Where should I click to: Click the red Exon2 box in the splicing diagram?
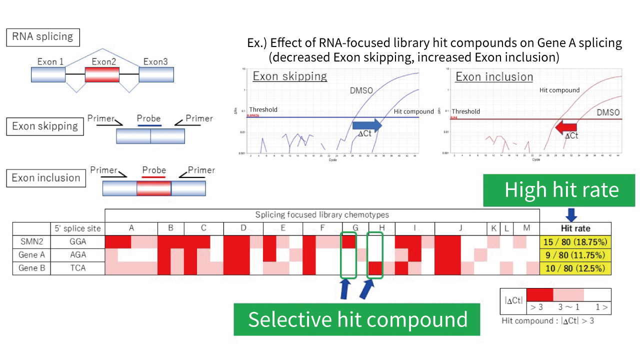click(x=102, y=75)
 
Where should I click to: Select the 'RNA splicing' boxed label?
click(x=42, y=36)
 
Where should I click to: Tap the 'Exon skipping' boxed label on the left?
click(x=45, y=126)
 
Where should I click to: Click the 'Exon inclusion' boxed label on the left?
click(x=45, y=178)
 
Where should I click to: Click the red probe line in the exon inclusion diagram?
click(x=153, y=177)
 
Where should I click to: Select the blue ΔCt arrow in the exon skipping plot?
click(x=367, y=125)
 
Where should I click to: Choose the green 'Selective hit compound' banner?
click(x=357, y=319)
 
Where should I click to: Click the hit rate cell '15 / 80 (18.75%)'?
click(x=575, y=242)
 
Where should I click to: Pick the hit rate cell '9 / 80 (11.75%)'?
click(x=575, y=255)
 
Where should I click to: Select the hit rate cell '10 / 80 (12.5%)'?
click(x=575, y=268)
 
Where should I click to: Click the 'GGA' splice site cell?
click(x=77, y=242)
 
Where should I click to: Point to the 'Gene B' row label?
click(x=31, y=268)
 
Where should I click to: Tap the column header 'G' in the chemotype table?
click(x=355, y=228)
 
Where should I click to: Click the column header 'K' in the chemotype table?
click(x=493, y=228)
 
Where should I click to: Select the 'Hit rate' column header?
click(x=575, y=228)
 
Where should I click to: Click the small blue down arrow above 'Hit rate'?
click(x=572, y=215)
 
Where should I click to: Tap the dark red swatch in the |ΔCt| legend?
click(x=540, y=294)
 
